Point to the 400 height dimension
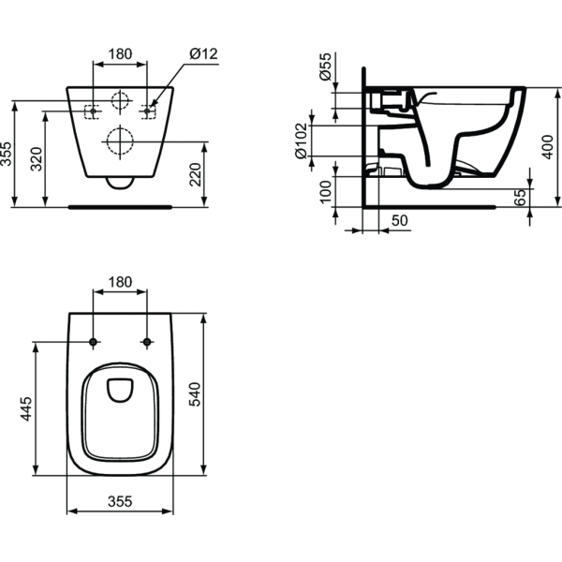(549, 144)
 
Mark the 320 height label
(37, 162)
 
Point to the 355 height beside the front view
(7, 155)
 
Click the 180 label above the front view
(120, 54)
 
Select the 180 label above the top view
(120, 282)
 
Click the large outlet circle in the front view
(120, 140)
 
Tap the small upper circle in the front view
(120, 103)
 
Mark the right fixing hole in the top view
(147, 341)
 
